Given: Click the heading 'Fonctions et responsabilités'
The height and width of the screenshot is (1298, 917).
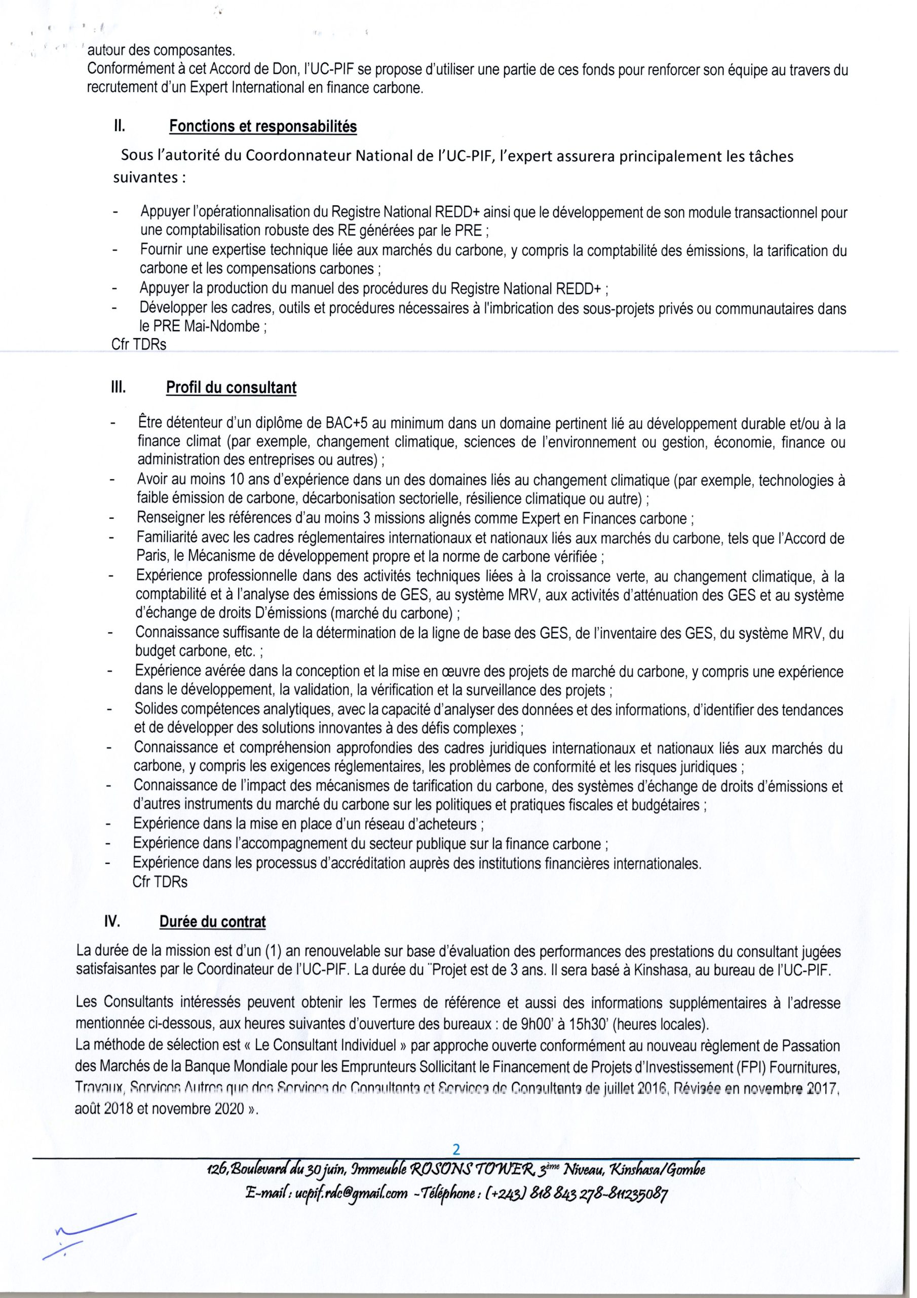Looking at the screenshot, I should [x=263, y=126].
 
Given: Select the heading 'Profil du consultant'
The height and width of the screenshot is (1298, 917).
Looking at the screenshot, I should [x=231, y=388].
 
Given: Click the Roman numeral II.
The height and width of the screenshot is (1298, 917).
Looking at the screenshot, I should [x=119, y=126].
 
